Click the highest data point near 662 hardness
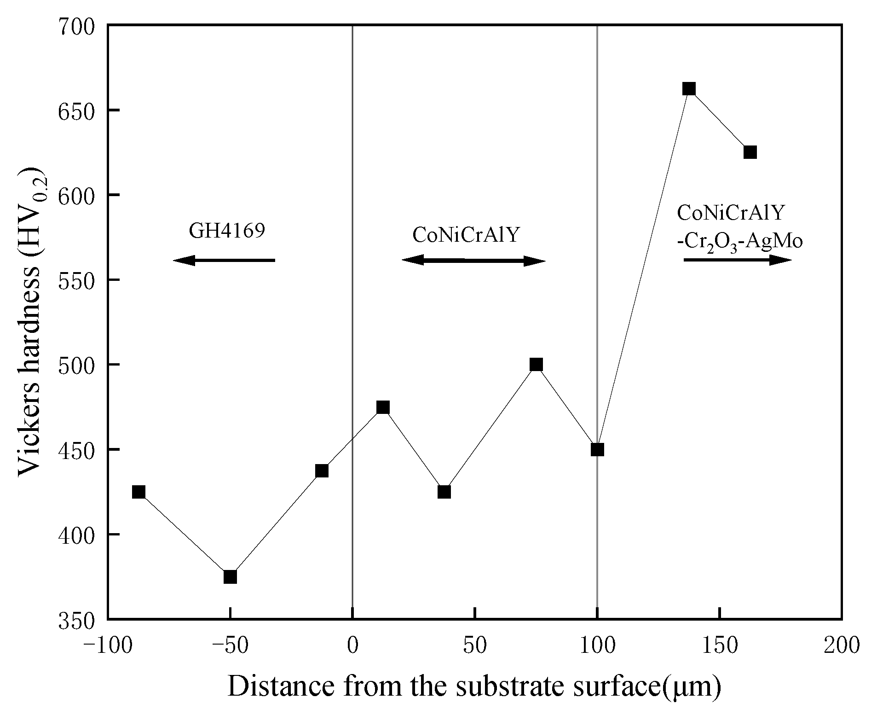coord(688,89)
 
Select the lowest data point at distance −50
coord(230,576)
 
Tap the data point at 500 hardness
coord(536,365)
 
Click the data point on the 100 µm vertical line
coord(597,449)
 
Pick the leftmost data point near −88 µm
coord(138,492)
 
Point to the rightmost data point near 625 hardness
coord(750,152)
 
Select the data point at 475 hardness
coord(383,407)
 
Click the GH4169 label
coord(227,231)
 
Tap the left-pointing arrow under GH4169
coord(224,261)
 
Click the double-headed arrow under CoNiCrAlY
coord(473,261)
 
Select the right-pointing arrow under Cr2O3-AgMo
coord(737,260)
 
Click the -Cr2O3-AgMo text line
coord(740,242)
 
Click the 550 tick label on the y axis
coord(76,280)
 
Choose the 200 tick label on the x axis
coord(841,645)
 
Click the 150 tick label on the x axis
coord(719,645)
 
